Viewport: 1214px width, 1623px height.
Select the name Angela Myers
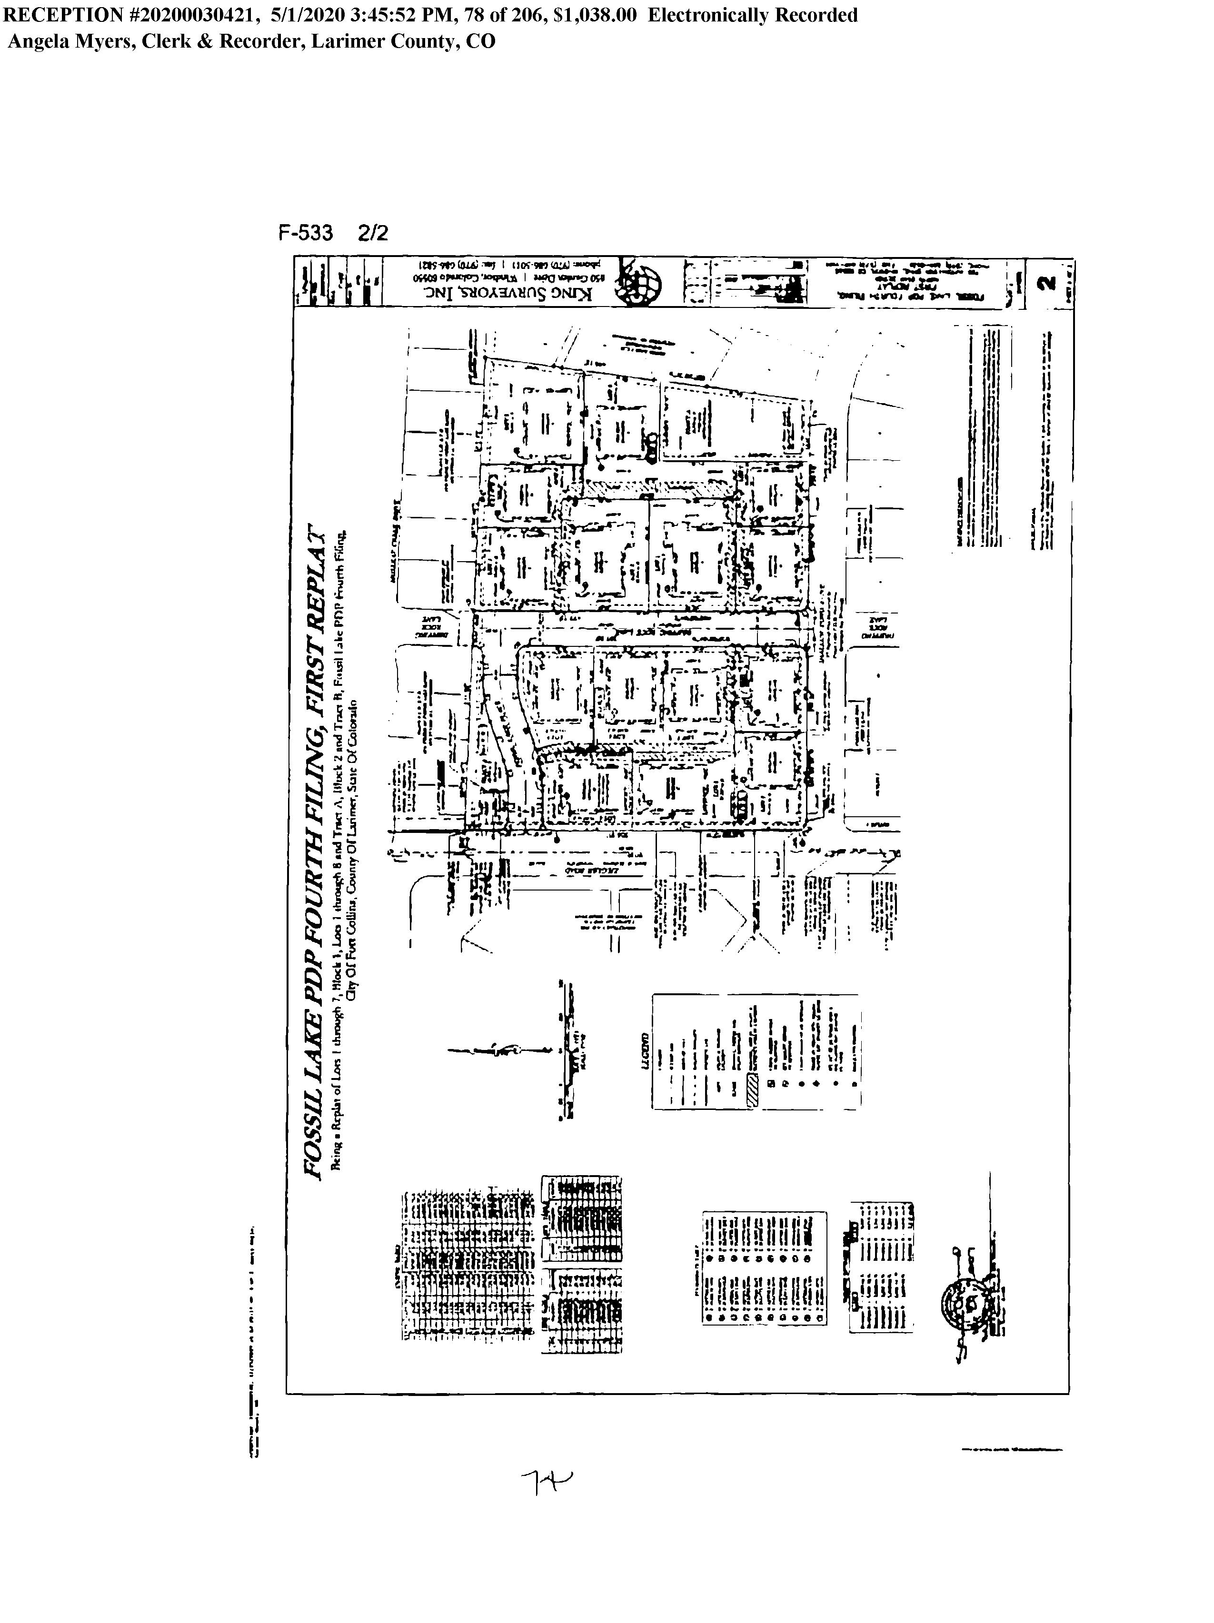click(x=70, y=41)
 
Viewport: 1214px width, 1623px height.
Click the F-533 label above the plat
click(x=305, y=233)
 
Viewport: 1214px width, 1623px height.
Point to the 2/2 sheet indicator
click(x=373, y=233)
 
